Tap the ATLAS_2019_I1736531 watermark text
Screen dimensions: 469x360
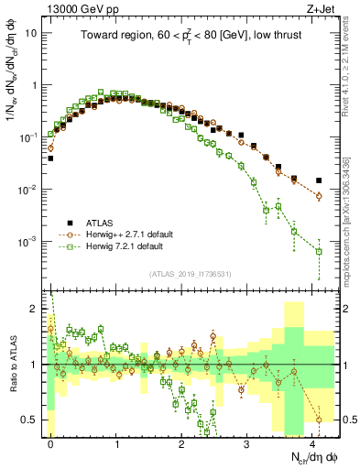[x=190, y=274]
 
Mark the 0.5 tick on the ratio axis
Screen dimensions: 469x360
[x=29, y=420]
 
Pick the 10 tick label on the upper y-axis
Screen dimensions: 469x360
[x=31, y=32]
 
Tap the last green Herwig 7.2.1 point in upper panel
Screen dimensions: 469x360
[x=319, y=251]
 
